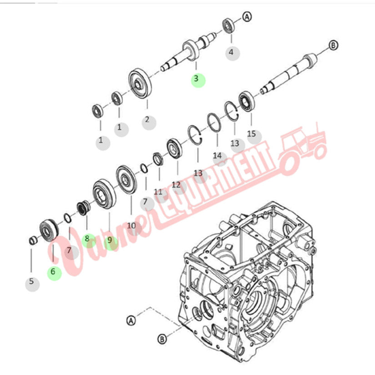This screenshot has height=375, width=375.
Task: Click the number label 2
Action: tap(147, 120)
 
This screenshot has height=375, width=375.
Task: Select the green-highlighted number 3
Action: tap(196, 79)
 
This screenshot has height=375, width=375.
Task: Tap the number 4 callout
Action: tap(231, 52)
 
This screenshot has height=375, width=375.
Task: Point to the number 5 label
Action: tap(31, 281)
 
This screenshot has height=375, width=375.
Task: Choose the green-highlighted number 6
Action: tap(53, 272)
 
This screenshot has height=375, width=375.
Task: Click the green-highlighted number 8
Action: tap(87, 238)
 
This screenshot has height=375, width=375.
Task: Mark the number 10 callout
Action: tap(131, 225)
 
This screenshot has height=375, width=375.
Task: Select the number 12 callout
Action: tap(176, 185)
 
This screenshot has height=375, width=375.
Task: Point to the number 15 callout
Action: tap(251, 134)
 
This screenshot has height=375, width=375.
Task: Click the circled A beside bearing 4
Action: tap(247, 17)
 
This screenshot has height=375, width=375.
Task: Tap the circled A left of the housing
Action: tap(131, 320)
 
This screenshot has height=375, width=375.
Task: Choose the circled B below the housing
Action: tap(162, 338)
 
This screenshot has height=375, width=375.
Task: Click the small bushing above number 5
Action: tap(32, 240)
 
